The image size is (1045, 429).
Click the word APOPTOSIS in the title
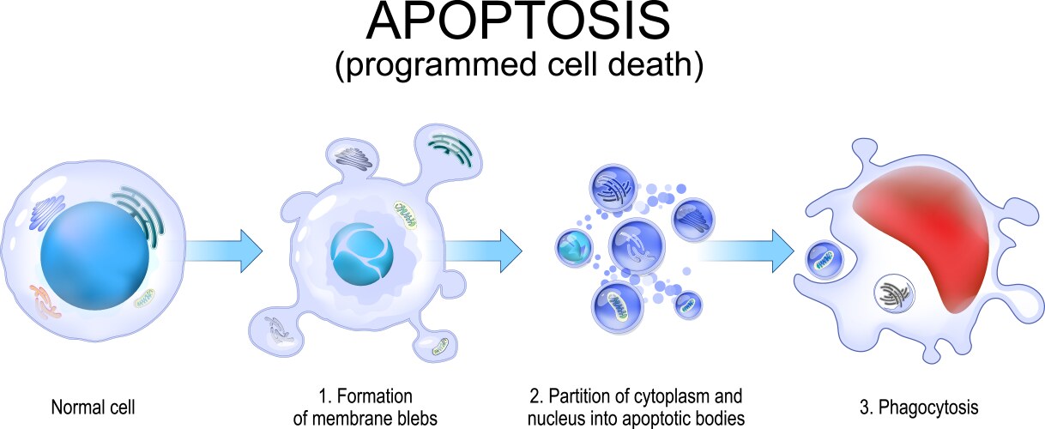coord(518,21)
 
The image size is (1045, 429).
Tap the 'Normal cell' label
coord(93,407)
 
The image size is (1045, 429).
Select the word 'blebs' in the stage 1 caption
coord(414,418)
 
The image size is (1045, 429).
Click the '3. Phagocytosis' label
coord(919,407)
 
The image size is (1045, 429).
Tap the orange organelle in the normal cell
coord(45,301)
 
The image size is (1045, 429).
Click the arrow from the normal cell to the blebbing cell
coord(224,251)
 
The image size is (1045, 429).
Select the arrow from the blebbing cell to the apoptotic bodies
coord(484,251)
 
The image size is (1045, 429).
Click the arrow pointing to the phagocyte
coord(746,251)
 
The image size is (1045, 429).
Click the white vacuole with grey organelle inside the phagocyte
coord(894,293)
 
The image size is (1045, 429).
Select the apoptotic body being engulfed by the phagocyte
coord(825,260)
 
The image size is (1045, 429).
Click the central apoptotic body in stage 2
coord(637,245)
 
